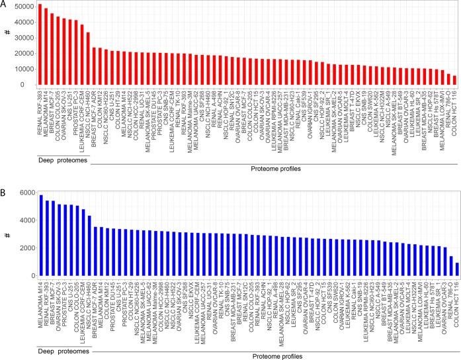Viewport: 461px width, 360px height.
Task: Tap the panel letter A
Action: [x=5, y=5]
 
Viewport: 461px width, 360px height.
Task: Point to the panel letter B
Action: [x=5, y=189]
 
